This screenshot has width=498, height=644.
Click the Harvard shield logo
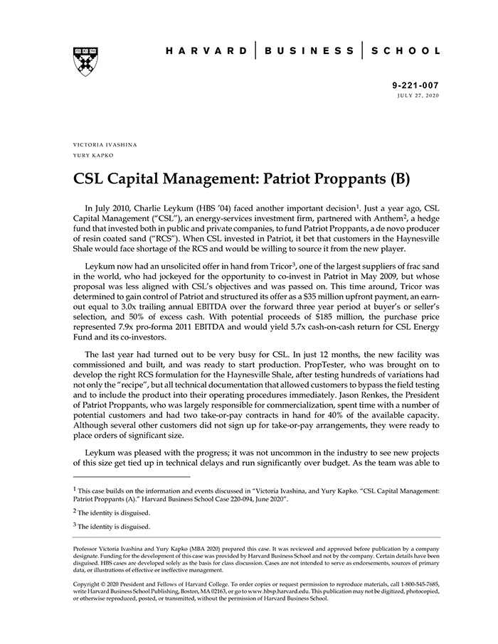85,61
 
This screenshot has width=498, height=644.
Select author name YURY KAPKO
93,155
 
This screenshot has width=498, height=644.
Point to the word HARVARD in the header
206,51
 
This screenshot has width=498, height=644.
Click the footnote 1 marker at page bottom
75,488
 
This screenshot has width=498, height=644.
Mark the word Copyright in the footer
90,584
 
